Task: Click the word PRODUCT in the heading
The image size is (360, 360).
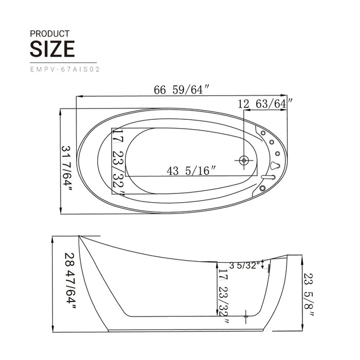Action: click(x=49, y=33)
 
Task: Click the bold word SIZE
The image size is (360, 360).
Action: click(x=52, y=49)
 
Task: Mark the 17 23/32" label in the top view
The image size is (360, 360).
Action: click(x=118, y=162)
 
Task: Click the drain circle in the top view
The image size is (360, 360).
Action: click(x=243, y=160)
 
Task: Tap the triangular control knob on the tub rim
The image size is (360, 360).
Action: click(x=276, y=166)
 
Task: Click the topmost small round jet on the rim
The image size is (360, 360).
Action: click(x=263, y=133)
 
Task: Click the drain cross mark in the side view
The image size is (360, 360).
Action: click(x=246, y=314)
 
